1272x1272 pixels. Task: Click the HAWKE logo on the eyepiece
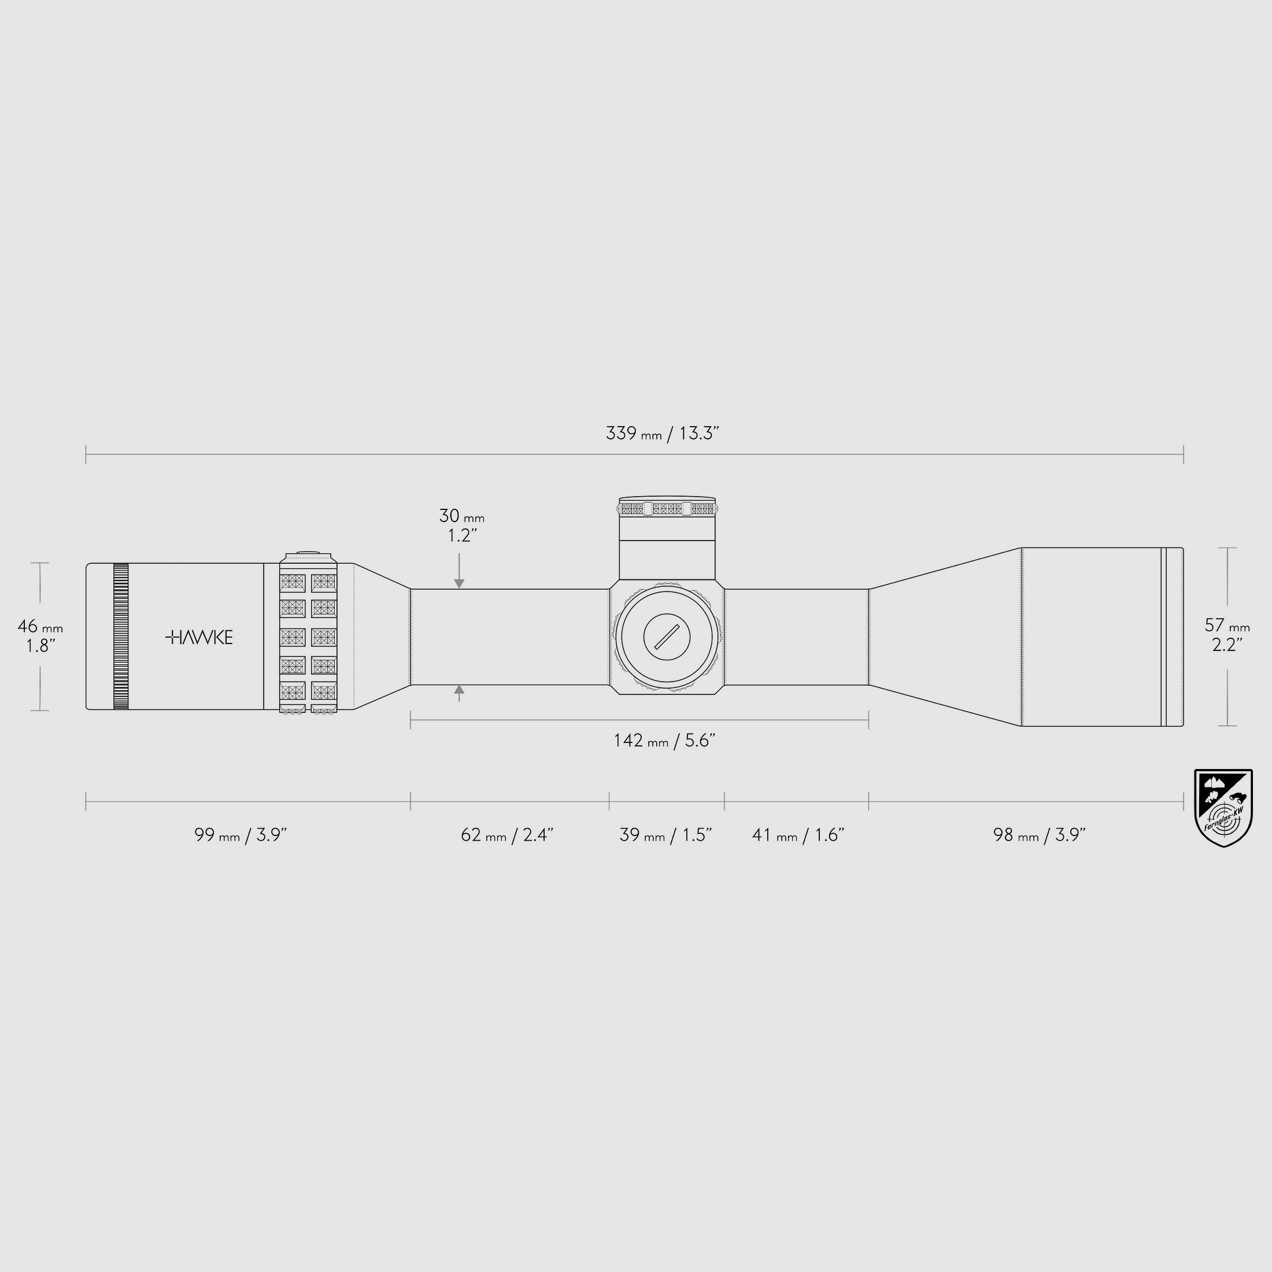coord(198,637)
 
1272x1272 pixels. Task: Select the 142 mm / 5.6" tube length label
coord(664,741)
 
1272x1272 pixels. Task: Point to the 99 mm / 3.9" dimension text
coord(241,835)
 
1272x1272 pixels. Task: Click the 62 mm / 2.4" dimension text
coord(507,835)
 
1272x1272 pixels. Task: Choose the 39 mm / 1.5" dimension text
coord(665,835)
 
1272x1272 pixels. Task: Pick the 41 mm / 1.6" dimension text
coord(798,835)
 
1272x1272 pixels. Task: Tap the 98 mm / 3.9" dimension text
coord(1039,835)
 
